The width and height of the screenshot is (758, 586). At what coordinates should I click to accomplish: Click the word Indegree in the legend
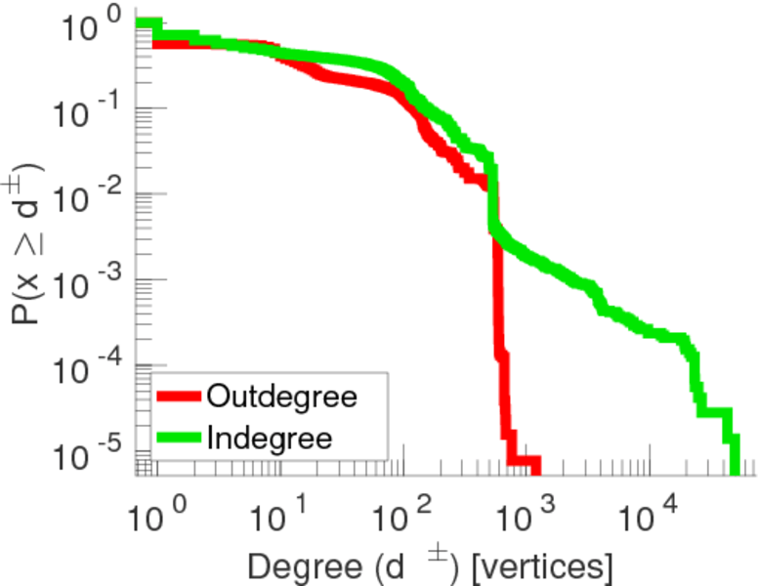(x=270, y=437)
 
